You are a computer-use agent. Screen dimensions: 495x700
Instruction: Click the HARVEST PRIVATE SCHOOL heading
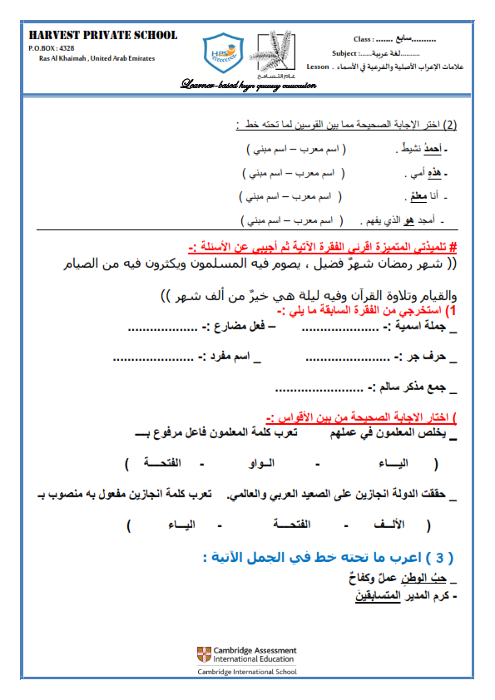(103, 35)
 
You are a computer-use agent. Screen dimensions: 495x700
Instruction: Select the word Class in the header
(363, 39)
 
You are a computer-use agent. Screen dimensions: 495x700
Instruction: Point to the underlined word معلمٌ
(417, 197)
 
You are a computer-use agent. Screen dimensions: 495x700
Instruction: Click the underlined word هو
(408, 220)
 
